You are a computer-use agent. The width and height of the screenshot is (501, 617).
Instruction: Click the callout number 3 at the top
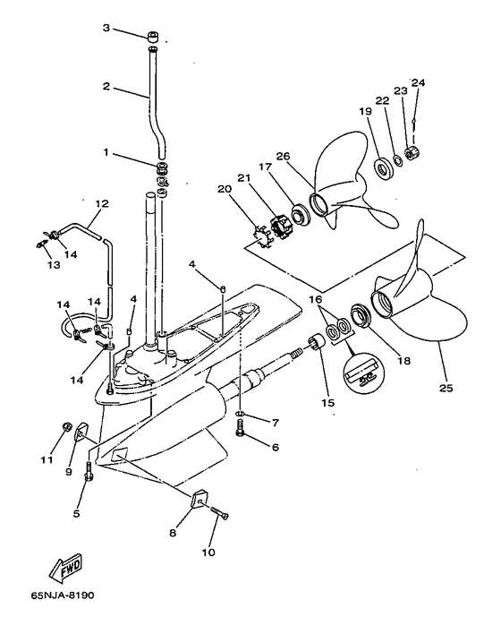(106, 28)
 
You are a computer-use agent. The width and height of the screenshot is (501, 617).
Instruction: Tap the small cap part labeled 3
(153, 38)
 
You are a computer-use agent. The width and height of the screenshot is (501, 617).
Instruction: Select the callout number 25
(446, 388)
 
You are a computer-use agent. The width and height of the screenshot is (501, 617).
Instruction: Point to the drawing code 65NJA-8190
(63, 595)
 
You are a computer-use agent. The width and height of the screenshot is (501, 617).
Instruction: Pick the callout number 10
(208, 553)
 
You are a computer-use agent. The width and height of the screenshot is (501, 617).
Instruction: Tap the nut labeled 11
(67, 426)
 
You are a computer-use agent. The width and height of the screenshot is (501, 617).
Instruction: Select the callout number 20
(225, 189)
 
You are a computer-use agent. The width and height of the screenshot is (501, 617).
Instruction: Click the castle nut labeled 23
(412, 152)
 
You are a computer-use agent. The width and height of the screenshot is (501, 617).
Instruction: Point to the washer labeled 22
(397, 160)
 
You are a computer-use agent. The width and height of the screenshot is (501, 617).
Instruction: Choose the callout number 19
(365, 111)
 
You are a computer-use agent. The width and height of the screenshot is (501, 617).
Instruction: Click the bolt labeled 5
(89, 472)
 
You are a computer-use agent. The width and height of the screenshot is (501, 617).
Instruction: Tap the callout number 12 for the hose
(102, 204)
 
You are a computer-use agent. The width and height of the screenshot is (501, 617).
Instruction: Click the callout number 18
(403, 361)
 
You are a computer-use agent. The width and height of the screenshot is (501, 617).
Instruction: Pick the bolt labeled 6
(241, 427)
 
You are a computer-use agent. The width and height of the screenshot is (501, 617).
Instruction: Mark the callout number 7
(275, 423)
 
